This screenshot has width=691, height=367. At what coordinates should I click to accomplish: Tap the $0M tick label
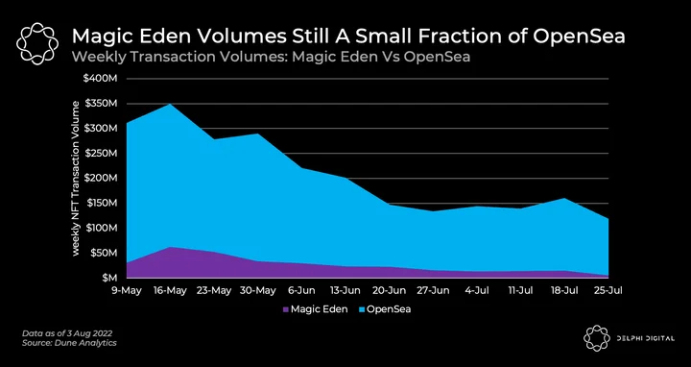point(108,278)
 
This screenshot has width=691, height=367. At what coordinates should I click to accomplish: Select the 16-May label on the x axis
point(171,291)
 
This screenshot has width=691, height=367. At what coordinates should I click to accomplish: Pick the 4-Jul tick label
point(477,291)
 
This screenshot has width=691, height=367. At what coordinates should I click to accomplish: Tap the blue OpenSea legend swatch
point(361,309)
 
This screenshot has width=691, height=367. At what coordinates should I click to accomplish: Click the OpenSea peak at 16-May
point(171,104)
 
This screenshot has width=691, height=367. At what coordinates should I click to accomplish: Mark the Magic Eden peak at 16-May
point(171,247)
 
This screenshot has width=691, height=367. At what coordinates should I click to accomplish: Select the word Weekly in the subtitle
point(96,57)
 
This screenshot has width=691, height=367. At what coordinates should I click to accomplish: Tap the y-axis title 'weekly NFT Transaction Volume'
point(76,178)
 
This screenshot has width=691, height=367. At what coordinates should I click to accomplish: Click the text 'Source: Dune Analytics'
point(69,342)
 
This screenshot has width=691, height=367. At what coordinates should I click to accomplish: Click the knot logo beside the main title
point(37,43)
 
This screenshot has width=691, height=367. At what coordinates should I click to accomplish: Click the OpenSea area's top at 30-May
point(258,134)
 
